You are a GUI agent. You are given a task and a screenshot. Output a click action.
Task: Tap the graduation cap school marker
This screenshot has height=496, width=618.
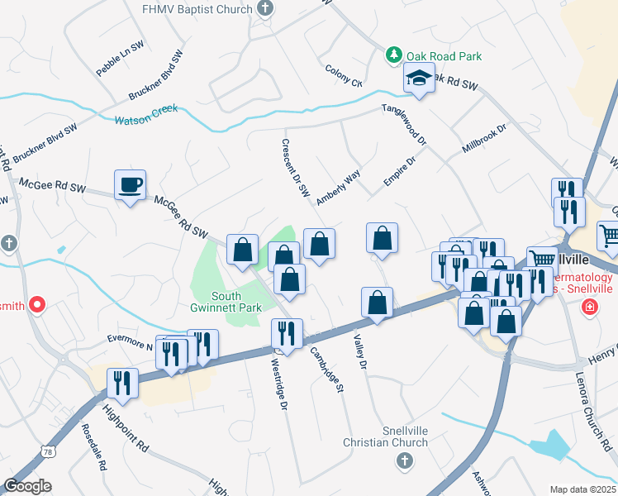(419, 80)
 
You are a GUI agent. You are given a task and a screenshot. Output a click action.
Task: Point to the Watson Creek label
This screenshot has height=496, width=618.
(146, 115)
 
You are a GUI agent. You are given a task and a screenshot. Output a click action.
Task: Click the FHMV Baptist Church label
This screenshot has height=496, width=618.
(197, 9)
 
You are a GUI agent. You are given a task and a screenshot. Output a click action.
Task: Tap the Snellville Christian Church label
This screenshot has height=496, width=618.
(386, 436)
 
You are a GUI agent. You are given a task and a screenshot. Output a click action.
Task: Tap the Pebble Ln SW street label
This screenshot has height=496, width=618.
(114, 62)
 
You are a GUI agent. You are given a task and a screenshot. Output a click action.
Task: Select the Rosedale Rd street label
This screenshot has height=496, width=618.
(93, 449)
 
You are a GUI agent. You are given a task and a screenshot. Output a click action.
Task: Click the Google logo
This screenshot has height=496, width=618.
(28, 486)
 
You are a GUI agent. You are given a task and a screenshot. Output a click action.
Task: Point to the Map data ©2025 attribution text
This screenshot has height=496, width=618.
(583, 489)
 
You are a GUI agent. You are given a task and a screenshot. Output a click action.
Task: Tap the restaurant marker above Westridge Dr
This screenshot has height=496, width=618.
(287, 334)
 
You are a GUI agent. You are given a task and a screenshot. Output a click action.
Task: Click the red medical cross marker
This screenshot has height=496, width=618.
(589, 308)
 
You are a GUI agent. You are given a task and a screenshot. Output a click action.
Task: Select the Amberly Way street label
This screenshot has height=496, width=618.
(339, 187)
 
